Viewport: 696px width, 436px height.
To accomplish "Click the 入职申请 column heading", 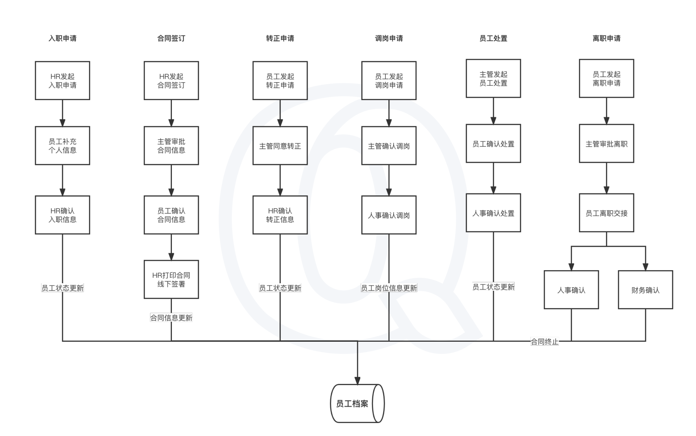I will [x=62, y=38].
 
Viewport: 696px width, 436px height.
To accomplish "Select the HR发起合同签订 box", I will [x=171, y=81].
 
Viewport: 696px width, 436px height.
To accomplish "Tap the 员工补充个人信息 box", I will [x=62, y=146].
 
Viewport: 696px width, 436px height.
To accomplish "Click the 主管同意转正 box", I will [x=280, y=146].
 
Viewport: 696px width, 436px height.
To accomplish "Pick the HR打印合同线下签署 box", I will [x=171, y=280].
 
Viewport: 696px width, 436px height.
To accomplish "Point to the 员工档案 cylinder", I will [x=357, y=403].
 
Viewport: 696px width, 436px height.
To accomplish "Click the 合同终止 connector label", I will [x=544, y=342].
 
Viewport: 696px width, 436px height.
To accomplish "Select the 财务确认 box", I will [x=645, y=290].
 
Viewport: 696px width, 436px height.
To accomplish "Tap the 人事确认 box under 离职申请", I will [x=571, y=290].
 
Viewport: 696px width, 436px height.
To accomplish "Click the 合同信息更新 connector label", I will [x=171, y=318].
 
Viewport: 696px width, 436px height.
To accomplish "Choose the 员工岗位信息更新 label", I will [x=389, y=288].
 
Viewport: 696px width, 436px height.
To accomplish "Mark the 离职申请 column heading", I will [x=606, y=38].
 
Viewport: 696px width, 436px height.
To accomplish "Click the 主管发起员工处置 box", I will [x=493, y=79].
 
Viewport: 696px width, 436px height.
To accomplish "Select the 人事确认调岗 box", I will [x=389, y=215].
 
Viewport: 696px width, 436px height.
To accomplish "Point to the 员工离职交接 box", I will [x=606, y=213].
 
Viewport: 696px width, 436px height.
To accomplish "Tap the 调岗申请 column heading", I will [x=389, y=38].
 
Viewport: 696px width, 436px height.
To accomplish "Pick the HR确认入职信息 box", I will [x=62, y=215].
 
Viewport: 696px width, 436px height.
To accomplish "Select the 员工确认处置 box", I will [x=493, y=143].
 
